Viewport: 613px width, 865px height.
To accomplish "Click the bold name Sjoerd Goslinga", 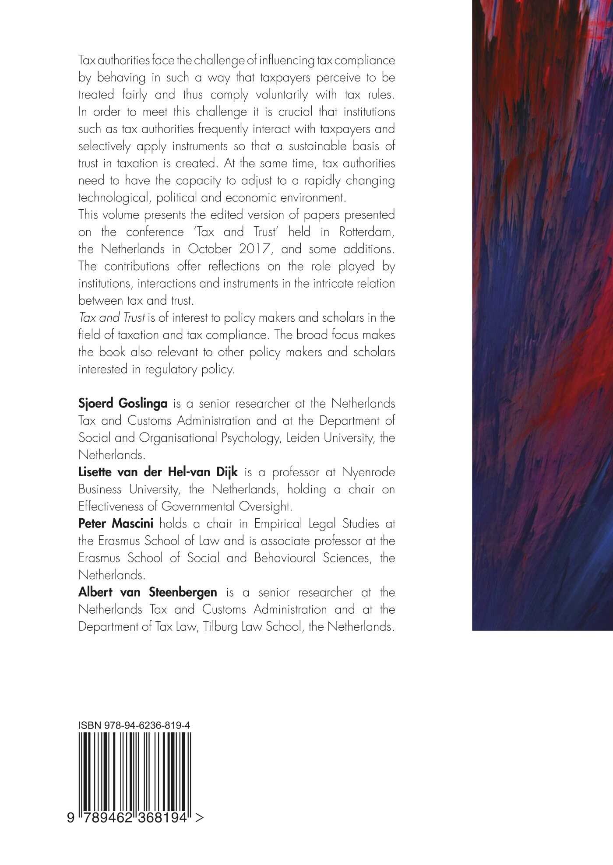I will coord(120,404).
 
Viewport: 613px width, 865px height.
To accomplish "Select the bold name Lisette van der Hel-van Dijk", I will coord(158,472).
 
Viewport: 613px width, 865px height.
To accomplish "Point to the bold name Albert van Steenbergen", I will coord(148,592).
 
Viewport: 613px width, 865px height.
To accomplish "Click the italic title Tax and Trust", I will coord(112,318).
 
